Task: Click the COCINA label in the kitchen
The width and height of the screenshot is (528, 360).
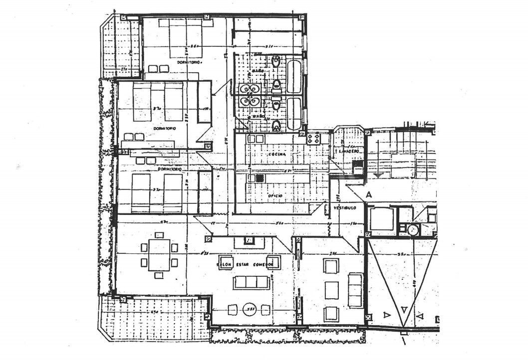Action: pyautogui.click(x=277, y=155)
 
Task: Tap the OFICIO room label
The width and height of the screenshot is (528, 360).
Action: pyautogui.click(x=274, y=196)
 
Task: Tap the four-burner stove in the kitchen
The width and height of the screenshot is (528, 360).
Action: pyautogui.click(x=314, y=138)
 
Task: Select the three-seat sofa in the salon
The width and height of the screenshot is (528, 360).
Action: pyautogui.click(x=252, y=283)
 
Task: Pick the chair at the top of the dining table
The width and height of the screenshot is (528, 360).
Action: pyautogui.click(x=160, y=235)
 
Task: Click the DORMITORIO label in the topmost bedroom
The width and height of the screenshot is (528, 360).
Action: pyautogui.click(x=189, y=63)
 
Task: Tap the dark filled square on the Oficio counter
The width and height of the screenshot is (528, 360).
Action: pyautogui.click(x=259, y=177)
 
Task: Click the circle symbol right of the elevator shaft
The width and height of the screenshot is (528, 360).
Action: pyautogui.click(x=413, y=230)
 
